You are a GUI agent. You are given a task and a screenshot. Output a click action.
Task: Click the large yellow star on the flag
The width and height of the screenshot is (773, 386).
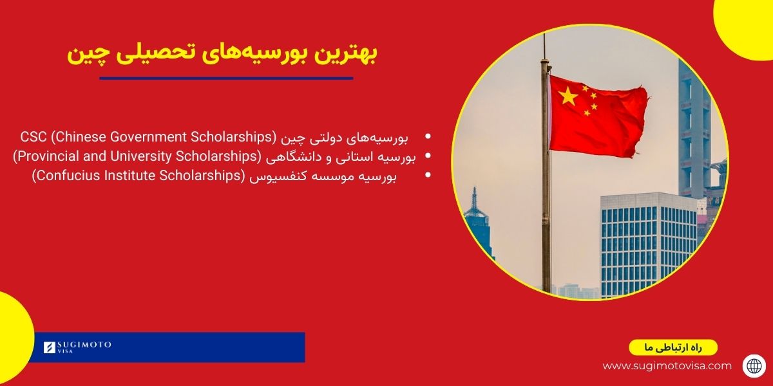569,96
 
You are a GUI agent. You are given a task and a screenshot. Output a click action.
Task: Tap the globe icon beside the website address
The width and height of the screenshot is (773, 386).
754,365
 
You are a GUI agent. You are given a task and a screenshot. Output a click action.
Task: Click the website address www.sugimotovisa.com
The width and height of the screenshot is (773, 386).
667,365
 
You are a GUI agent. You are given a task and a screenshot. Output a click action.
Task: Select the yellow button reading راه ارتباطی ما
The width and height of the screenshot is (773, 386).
673,347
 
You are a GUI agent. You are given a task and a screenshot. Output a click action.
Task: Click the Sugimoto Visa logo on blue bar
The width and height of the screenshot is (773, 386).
77,347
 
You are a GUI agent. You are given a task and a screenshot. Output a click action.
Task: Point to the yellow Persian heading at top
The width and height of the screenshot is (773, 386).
222,54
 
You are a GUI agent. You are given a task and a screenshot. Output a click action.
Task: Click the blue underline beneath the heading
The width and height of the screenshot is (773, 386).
226,78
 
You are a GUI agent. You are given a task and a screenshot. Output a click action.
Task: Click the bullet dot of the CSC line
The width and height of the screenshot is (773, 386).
429,136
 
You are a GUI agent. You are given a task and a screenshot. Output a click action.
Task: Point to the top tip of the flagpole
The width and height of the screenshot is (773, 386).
544,36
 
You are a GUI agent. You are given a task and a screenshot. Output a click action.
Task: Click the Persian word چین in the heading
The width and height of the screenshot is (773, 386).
85,54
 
